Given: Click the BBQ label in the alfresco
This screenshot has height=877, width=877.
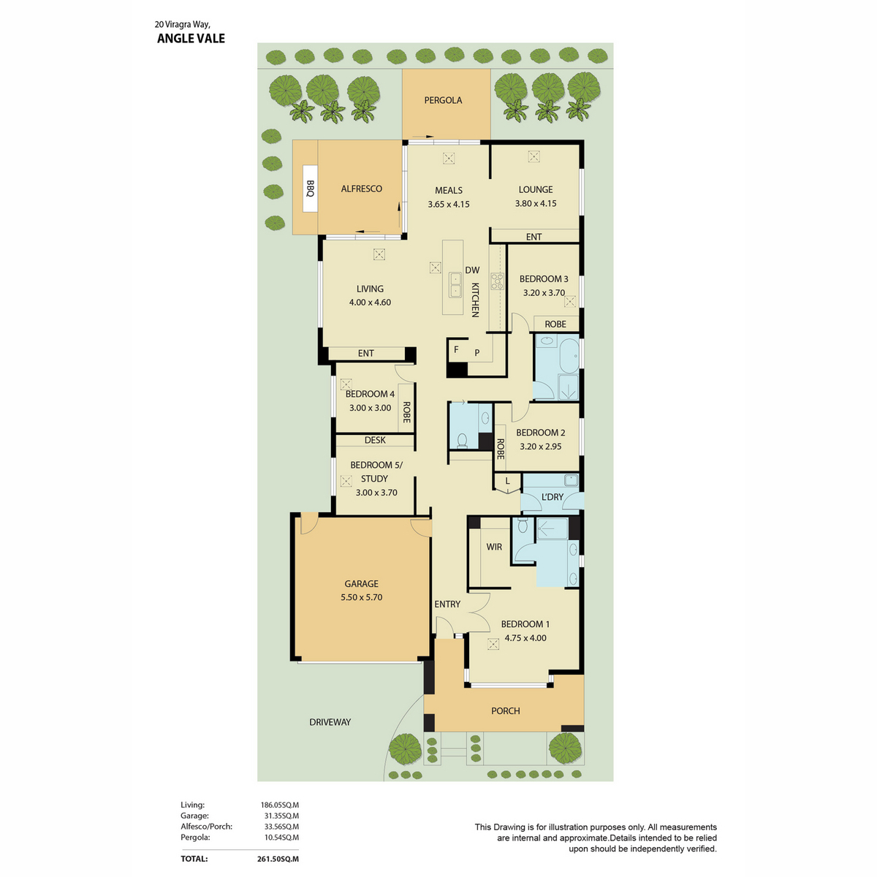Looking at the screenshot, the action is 310,189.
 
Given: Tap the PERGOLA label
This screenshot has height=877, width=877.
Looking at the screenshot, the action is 443,100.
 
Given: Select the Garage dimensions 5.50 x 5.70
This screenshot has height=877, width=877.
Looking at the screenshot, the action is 361,597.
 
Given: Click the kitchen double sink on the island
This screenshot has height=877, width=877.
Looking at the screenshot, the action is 455,284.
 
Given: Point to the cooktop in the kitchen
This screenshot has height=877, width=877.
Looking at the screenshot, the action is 497,281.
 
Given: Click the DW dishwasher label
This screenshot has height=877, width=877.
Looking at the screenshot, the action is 472,270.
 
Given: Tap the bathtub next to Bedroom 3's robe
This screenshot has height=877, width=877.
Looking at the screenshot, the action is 569,355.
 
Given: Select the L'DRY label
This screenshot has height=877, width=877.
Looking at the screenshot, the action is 552,497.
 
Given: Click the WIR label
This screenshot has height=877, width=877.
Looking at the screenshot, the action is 494,547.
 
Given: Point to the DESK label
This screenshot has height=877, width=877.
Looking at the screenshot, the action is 375,440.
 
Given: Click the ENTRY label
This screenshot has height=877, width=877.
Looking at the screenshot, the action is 447,604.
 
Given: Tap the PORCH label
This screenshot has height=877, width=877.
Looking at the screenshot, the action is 505,710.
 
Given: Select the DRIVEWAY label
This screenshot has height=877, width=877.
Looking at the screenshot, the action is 330,722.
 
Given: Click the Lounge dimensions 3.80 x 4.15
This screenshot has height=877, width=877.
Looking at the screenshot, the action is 535,203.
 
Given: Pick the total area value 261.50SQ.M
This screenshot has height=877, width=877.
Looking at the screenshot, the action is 278,859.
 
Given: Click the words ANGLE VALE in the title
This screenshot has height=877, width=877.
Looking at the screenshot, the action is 191,39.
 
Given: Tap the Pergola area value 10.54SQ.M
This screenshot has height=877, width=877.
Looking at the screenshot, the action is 279,837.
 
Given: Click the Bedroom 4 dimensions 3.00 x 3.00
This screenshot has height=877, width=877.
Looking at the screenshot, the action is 370,408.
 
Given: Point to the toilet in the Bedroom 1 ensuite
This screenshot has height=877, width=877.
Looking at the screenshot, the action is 523,525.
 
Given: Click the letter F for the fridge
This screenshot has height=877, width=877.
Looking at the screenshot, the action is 456,349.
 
